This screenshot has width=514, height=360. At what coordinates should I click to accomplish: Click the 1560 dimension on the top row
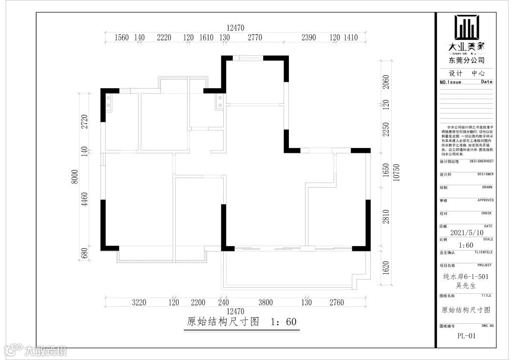(122, 38)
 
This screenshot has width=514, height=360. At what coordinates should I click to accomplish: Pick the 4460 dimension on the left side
(85, 199)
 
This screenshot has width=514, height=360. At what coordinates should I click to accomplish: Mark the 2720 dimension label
(85, 122)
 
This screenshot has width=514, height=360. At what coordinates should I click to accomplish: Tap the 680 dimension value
(85, 253)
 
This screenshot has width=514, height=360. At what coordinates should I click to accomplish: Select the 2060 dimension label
(386, 82)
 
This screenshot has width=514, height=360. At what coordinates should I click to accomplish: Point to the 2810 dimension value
(386, 217)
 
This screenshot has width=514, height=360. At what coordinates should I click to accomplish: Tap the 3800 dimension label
(266, 302)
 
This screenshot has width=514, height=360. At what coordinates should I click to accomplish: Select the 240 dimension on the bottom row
(223, 302)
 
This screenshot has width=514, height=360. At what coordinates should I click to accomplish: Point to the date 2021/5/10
(466, 233)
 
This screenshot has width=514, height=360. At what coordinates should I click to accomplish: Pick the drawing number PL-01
(466, 336)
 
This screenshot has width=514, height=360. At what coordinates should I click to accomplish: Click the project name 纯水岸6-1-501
(466, 276)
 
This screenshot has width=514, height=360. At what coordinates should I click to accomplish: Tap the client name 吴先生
(466, 285)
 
